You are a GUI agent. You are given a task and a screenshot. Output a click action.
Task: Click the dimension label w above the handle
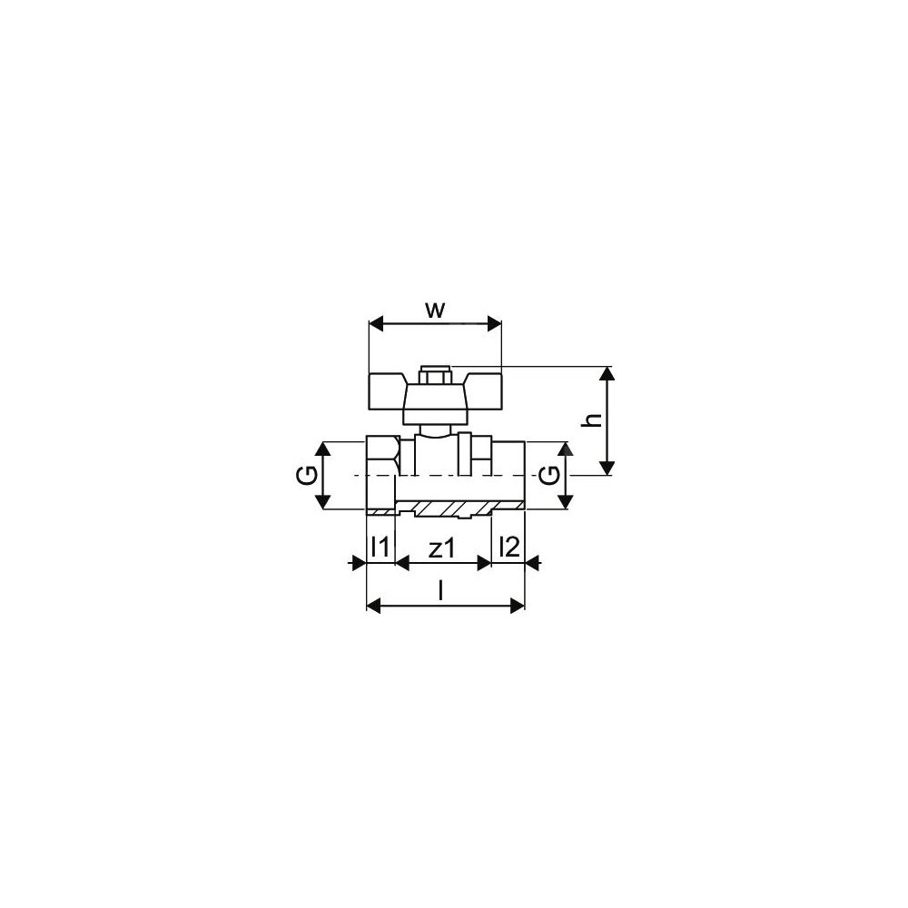(x=436, y=311)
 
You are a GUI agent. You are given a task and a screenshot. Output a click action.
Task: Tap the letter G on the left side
(x=310, y=476)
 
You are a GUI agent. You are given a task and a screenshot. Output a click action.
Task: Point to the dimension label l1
(x=380, y=547)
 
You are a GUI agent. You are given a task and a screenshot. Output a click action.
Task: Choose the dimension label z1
(x=442, y=548)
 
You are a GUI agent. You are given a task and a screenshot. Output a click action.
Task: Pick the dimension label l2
(x=509, y=547)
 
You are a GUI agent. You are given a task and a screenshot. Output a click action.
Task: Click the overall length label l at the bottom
(x=441, y=591)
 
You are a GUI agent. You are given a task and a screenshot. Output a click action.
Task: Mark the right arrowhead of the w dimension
(x=494, y=324)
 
